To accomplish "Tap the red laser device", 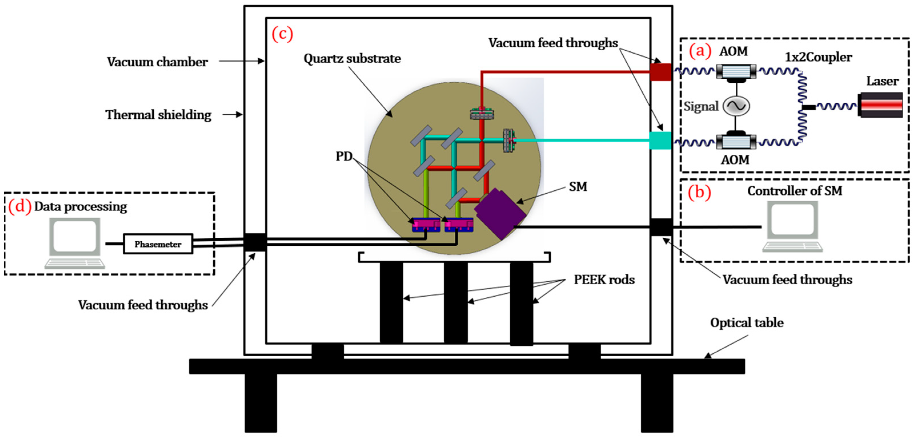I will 880,105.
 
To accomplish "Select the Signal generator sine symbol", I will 736,106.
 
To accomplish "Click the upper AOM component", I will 736,72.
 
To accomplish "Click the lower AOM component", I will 736,142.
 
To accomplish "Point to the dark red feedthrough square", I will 660,72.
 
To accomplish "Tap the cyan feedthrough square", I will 660,140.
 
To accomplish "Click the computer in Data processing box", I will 75,243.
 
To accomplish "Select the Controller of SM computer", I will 792,226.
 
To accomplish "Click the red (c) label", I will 282,34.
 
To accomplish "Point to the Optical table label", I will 747,323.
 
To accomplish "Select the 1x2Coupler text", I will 818,57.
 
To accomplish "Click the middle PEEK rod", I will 456,302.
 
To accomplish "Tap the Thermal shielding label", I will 158,114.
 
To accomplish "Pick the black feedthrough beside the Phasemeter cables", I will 255,242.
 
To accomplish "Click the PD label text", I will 344,156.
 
